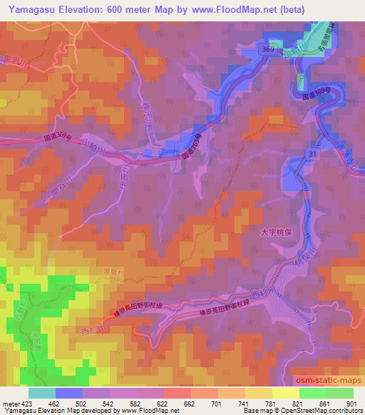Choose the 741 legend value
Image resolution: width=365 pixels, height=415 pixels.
[243, 404]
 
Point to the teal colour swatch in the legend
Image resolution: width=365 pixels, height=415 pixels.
[42, 393]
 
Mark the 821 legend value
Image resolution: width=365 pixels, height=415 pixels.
[299, 404]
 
